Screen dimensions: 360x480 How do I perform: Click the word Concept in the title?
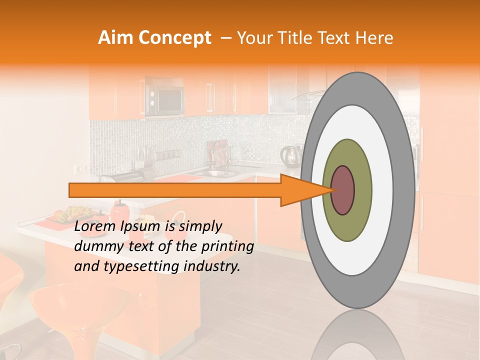point(174,38)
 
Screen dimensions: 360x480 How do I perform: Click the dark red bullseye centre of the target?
point(342,190)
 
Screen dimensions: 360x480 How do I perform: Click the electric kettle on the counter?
point(290,155)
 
